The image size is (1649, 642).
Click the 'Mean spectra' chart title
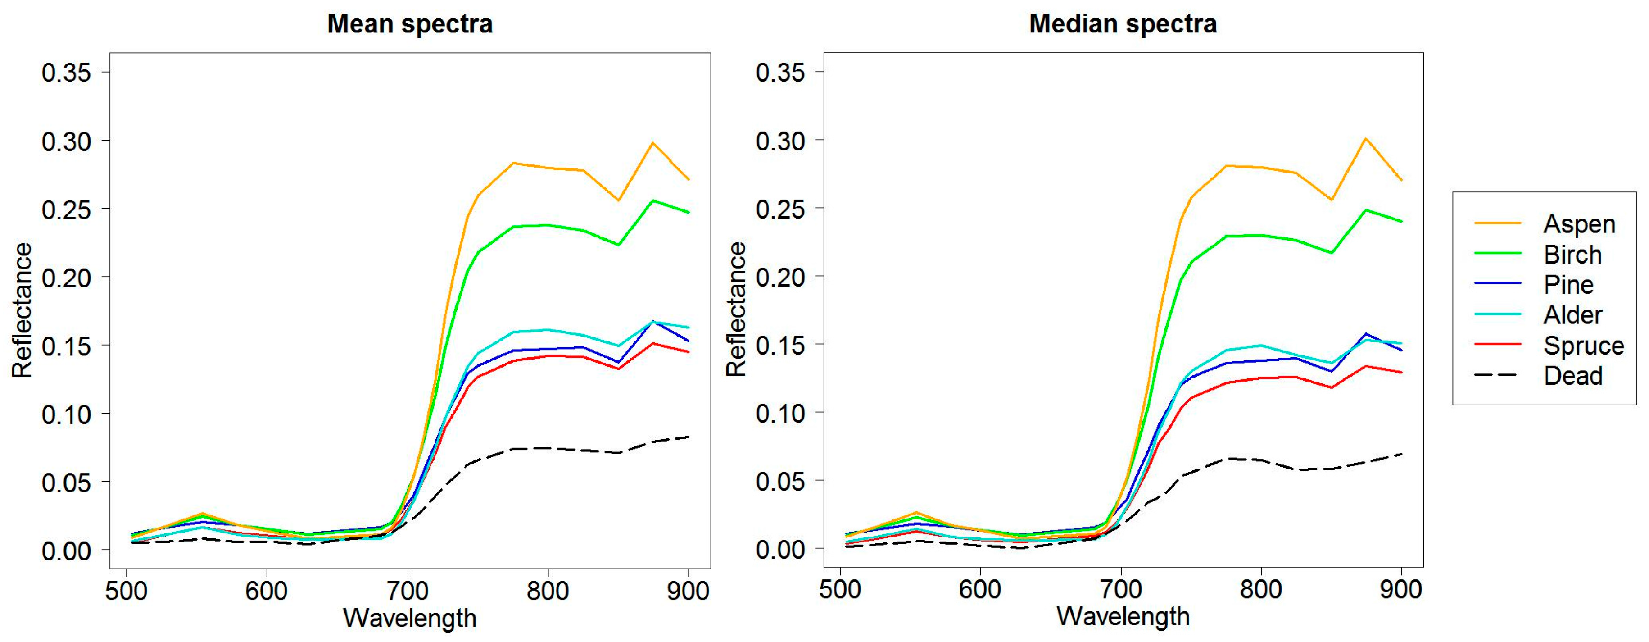(x=410, y=24)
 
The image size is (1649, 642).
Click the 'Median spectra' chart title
(x=1123, y=24)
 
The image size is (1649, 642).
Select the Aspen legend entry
(x=1579, y=223)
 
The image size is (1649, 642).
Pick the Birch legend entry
(x=1572, y=255)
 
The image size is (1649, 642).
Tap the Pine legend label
(x=1568, y=284)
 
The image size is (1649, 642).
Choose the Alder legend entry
(x=1572, y=314)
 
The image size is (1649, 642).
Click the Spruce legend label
(x=1583, y=346)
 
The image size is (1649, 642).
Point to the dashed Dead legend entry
(x=1572, y=375)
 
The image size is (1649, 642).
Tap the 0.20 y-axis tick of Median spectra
(x=779, y=277)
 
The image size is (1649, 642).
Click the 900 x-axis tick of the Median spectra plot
(x=1400, y=589)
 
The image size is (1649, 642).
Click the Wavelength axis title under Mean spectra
(x=410, y=618)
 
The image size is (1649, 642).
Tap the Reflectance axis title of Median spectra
(x=736, y=310)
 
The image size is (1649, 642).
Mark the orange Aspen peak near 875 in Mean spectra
(x=653, y=143)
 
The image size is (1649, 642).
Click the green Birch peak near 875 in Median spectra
(x=1366, y=210)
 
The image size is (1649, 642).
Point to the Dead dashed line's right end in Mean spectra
(x=688, y=437)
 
